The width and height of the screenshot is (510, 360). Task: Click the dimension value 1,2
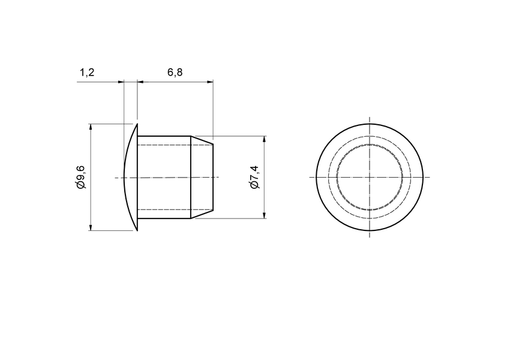[87, 73]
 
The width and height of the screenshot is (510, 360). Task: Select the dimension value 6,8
[175, 73]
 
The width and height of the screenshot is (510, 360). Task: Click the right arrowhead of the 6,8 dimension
[211, 82]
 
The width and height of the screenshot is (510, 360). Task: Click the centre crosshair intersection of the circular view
[370, 177]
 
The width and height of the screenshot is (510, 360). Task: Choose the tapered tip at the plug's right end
[202, 177]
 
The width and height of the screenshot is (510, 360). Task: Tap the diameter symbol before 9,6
[82, 186]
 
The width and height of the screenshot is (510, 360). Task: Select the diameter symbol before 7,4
[254, 186]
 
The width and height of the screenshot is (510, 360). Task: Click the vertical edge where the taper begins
[191, 177]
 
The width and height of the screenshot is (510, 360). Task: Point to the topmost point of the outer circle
[370, 124]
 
